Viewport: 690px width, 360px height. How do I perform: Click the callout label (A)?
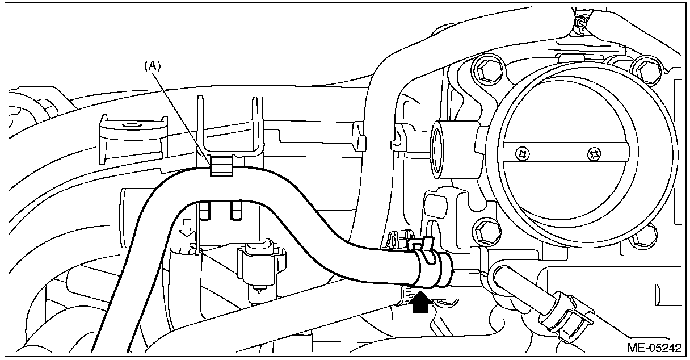[x=152, y=66]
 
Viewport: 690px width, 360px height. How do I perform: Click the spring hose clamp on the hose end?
[x=434, y=267]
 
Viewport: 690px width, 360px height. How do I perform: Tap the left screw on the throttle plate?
[x=522, y=153]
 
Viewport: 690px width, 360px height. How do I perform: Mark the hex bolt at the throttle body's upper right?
[x=643, y=69]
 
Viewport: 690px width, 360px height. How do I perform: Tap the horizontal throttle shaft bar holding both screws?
[x=559, y=153]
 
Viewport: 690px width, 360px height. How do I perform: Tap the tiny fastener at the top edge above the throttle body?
[x=580, y=23]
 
